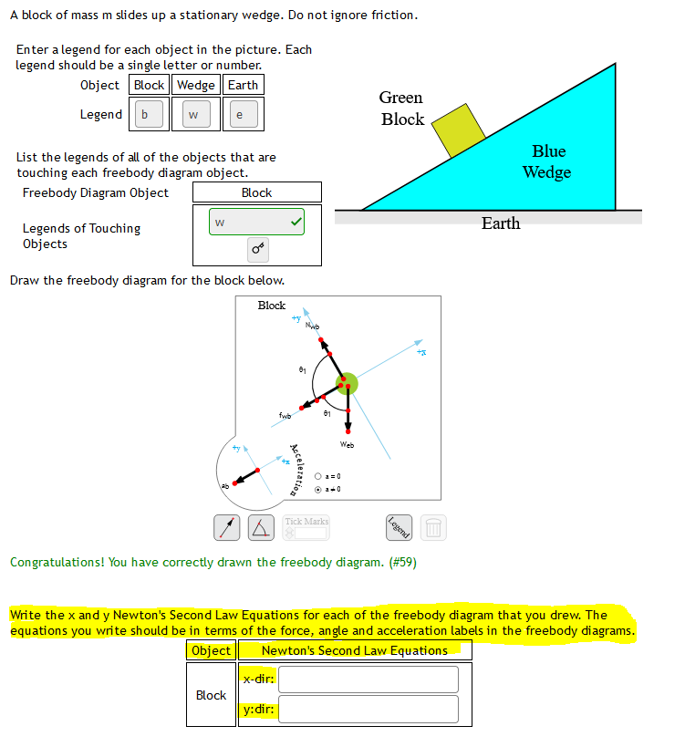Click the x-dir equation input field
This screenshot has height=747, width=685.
pyautogui.click(x=368, y=680)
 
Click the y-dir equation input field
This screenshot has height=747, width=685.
pyautogui.click(x=368, y=709)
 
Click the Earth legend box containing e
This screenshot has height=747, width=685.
pyautogui.click(x=240, y=115)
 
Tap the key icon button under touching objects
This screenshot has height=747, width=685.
pyautogui.click(x=257, y=248)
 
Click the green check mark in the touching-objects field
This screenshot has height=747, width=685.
pyautogui.click(x=295, y=222)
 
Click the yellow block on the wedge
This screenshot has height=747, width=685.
pyautogui.click(x=459, y=130)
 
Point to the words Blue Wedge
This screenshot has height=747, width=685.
pyautogui.click(x=547, y=161)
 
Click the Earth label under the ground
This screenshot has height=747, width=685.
pyautogui.click(x=500, y=223)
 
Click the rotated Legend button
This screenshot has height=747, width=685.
pyautogui.click(x=399, y=526)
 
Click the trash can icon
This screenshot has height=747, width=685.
pyautogui.click(x=433, y=526)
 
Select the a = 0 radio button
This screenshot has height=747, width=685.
pyautogui.click(x=317, y=477)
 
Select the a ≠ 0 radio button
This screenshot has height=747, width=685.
pyautogui.click(x=317, y=490)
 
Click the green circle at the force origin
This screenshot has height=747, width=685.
pyautogui.click(x=346, y=384)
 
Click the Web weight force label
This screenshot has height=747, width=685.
pyautogui.click(x=347, y=445)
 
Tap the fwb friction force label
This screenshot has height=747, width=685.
pyautogui.click(x=285, y=416)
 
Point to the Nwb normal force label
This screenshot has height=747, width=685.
pyautogui.click(x=313, y=326)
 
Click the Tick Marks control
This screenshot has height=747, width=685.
pyautogui.click(x=306, y=526)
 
